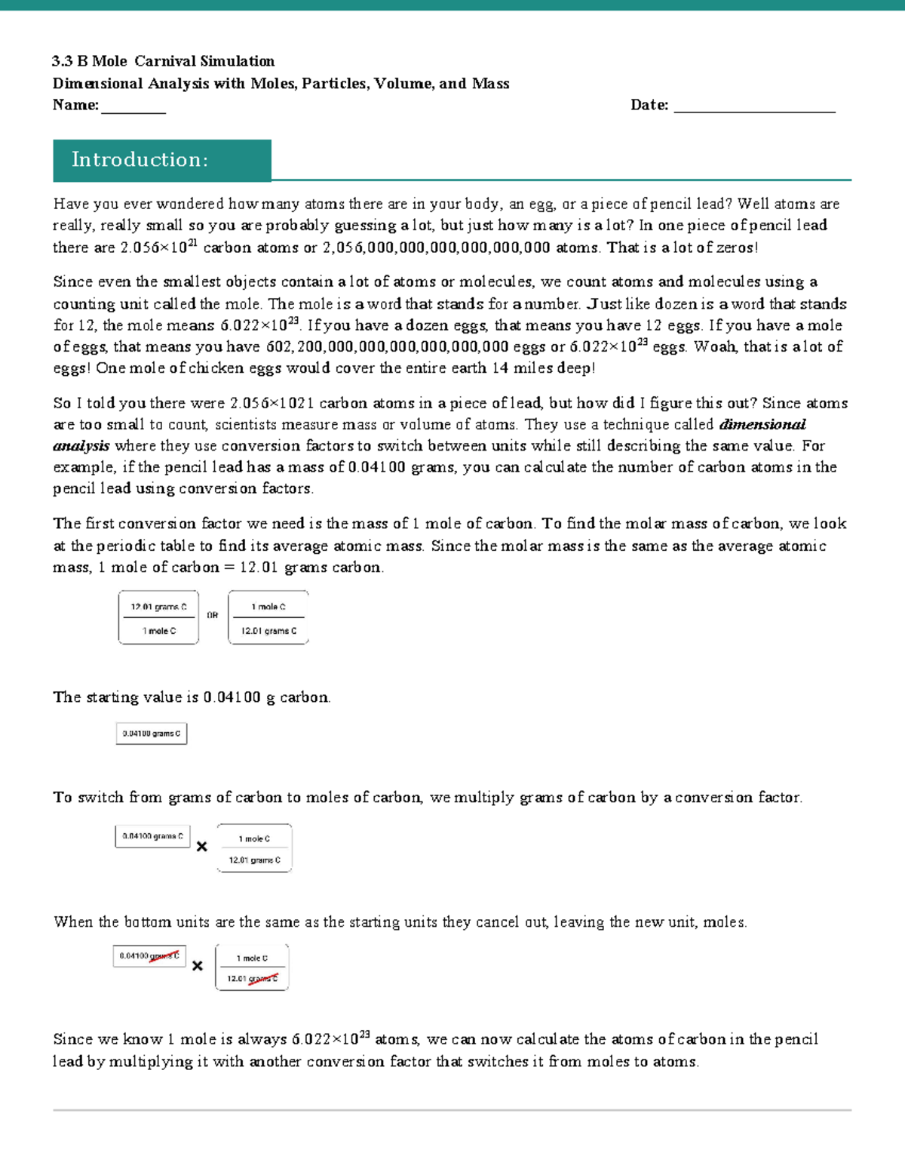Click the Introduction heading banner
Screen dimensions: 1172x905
pos(161,160)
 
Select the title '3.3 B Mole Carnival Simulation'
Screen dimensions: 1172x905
pos(163,61)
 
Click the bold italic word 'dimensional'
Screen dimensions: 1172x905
pos(762,424)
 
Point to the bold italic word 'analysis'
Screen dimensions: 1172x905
pos(81,446)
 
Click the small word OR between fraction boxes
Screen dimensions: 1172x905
pos(213,616)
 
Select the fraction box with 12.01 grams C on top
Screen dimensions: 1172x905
pos(158,617)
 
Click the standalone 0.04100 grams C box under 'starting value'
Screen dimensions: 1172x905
pos(152,734)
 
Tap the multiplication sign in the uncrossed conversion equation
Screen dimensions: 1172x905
pos(201,847)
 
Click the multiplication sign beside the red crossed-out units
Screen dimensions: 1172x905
pos(198,966)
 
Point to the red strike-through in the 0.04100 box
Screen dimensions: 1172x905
pos(164,955)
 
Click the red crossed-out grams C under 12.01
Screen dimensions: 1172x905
pos(263,979)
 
